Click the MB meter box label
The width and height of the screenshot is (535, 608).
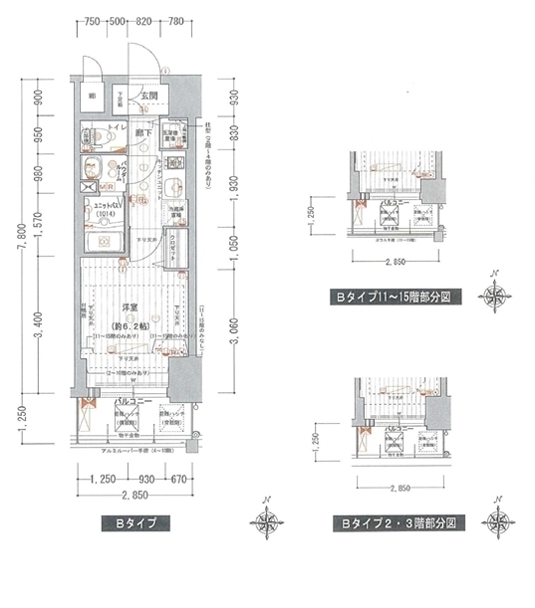tap(106, 185)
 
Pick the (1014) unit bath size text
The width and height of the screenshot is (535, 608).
tap(107, 213)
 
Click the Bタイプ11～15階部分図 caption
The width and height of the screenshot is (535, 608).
tap(396, 296)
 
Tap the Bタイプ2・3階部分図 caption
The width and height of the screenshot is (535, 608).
tap(396, 521)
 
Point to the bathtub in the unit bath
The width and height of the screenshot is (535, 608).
tap(104, 245)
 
